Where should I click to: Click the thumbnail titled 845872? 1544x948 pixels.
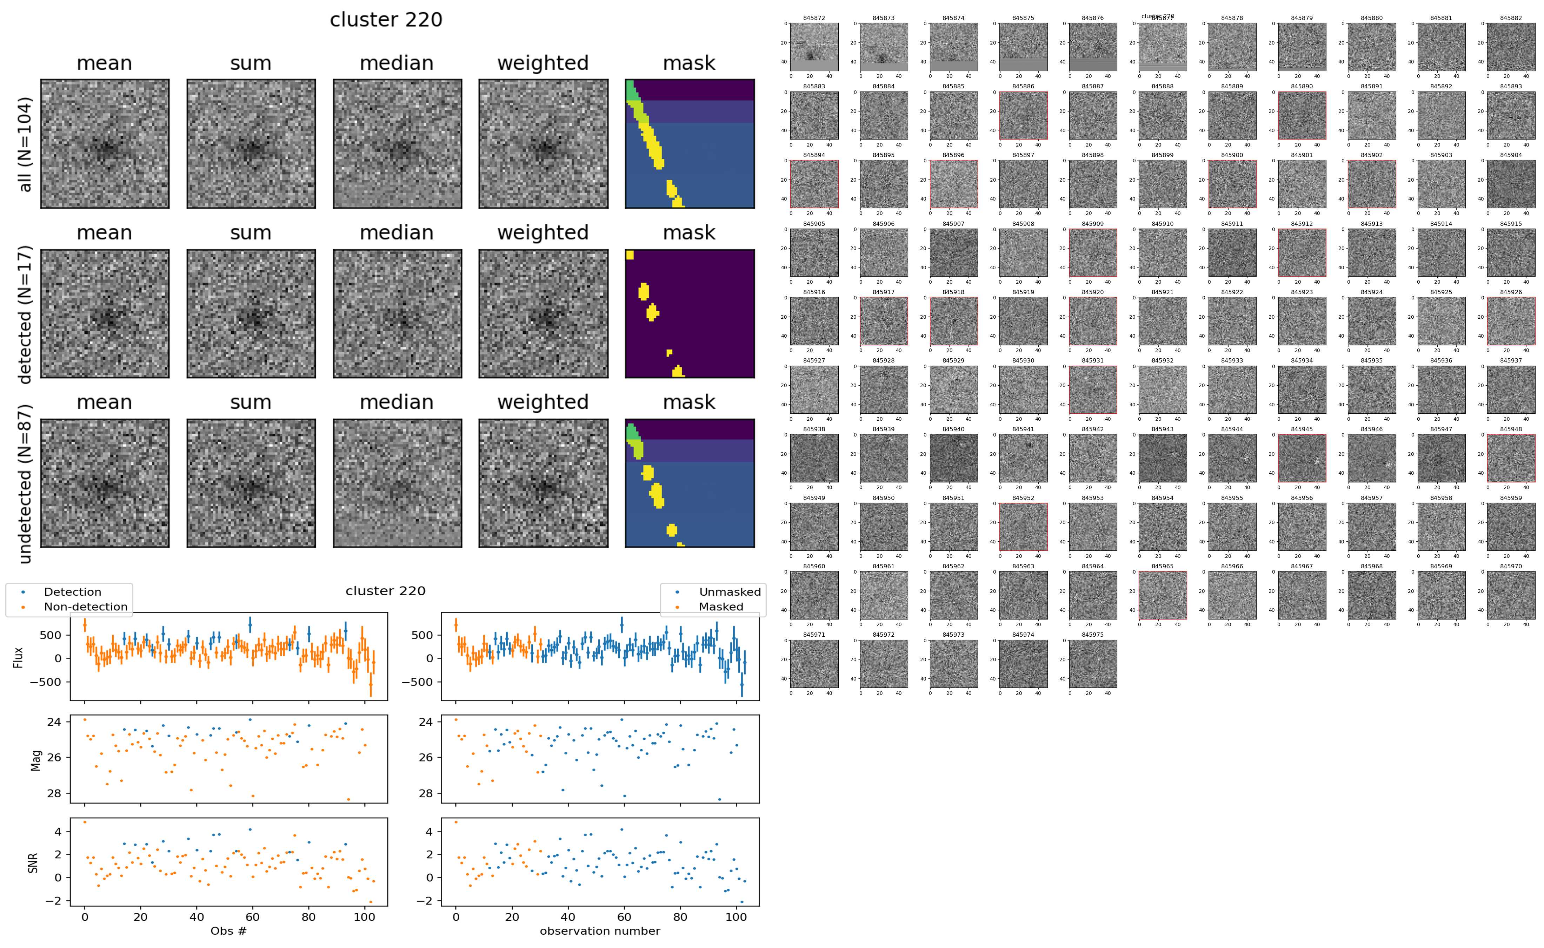(814, 47)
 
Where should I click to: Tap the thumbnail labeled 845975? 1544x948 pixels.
(1092, 663)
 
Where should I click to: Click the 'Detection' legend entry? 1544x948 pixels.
(72, 592)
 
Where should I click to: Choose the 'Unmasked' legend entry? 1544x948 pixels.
(730, 592)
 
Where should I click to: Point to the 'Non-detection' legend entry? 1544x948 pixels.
(85, 606)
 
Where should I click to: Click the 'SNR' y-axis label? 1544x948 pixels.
(33, 862)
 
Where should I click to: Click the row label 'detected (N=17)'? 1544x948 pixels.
(25, 314)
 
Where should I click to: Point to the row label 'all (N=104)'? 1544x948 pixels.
(25, 144)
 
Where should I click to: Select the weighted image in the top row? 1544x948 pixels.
(543, 144)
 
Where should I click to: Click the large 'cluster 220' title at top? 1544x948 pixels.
(386, 20)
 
